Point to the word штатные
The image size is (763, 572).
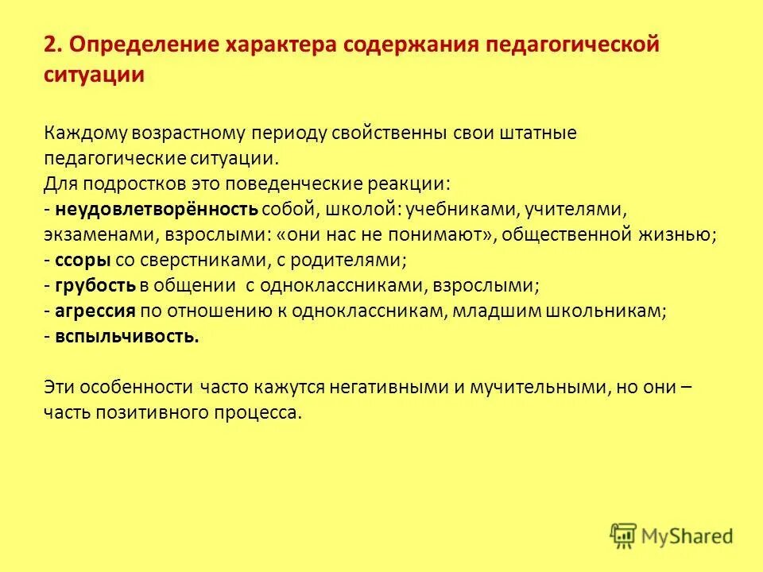pyautogui.click(x=537, y=133)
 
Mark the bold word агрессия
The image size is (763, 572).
pyautogui.click(x=96, y=311)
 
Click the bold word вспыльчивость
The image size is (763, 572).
pyautogui.click(x=127, y=336)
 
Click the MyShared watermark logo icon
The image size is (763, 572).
pyautogui.click(x=624, y=535)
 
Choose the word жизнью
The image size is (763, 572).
pyautogui.click(x=678, y=234)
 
